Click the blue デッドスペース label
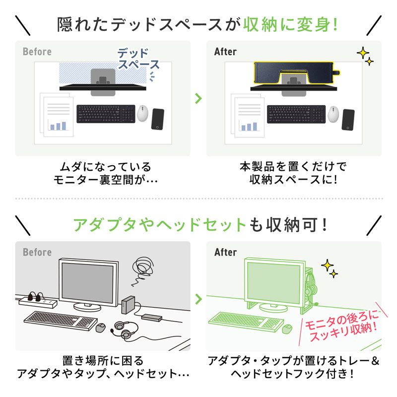point(138,59)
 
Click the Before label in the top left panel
point(37,52)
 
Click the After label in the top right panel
point(226,52)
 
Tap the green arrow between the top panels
point(198,98)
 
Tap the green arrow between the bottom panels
point(198,299)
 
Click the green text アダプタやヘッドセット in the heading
point(160,225)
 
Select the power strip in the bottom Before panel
point(38,300)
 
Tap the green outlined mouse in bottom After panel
point(286,329)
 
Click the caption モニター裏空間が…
point(105,180)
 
